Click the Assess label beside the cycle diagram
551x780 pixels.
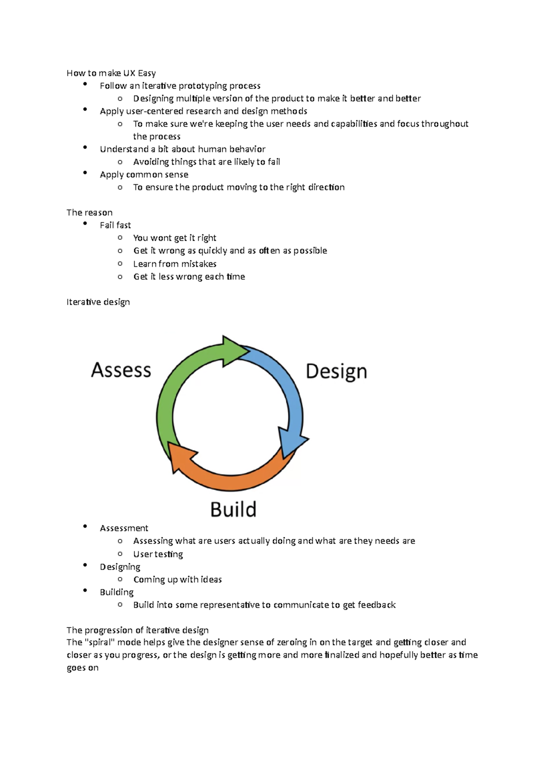[x=121, y=370]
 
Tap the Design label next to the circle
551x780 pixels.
[x=336, y=372]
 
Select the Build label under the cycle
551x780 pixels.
[x=233, y=509]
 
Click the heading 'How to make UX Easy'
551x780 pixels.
[x=111, y=73]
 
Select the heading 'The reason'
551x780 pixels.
[x=90, y=213]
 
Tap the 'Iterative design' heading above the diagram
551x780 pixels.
[x=98, y=302]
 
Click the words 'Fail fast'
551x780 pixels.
[x=115, y=226]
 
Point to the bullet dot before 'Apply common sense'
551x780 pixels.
[x=85, y=173]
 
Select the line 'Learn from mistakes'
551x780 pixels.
[x=174, y=264]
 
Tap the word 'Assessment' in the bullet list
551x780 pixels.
[x=124, y=528]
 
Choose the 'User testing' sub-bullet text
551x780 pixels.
[x=158, y=554]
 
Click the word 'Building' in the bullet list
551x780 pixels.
[x=117, y=592]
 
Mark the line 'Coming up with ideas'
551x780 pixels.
[x=177, y=580]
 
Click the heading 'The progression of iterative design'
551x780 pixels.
[x=138, y=630]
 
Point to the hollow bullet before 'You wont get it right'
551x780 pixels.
[x=120, y=237]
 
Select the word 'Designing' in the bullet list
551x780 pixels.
[x=120, y=567]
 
